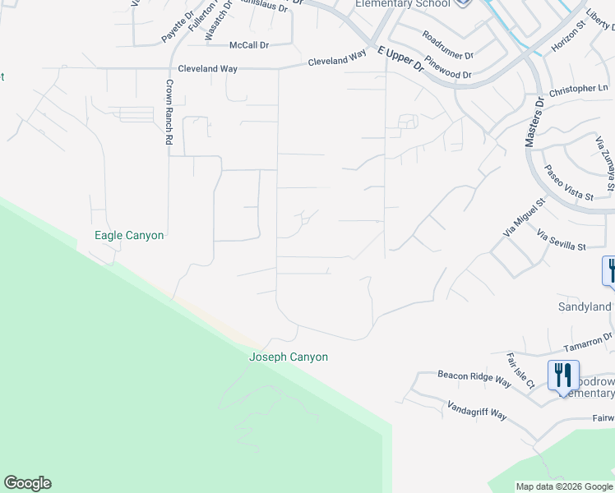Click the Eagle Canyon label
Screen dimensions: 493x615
click(x=129, y=236)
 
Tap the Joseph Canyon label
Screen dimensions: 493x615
click(x=289, y=357)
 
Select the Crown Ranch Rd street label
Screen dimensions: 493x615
click(x=169, y=113)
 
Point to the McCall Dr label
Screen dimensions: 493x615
click(x=249, y=45)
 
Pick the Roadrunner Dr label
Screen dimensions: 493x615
click(x=447, y=46)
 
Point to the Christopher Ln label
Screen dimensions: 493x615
click(x=579, y=88)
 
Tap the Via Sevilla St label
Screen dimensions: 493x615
click(x=561, y=241)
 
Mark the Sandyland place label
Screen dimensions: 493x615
click(x=585, y=307)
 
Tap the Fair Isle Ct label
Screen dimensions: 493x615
click(x=520, y=371)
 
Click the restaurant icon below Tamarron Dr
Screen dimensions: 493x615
click(x=563, y=375)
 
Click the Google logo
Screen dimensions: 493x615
click(x=27, y=483)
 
